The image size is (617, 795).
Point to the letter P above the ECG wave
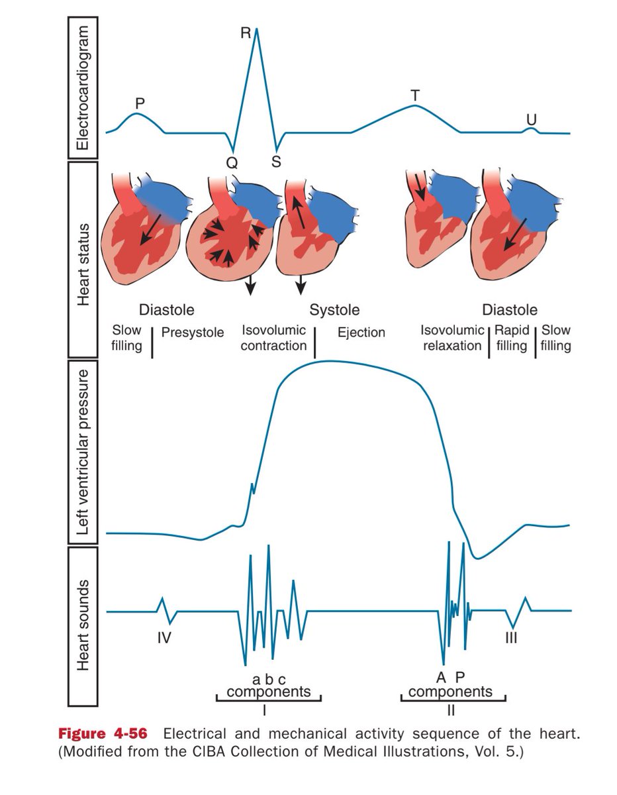coord(140,103)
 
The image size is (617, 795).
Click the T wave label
coord(415,95)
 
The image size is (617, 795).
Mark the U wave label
coord(532,119)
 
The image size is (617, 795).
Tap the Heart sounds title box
coord(83,626)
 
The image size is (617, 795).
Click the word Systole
coord(335,310)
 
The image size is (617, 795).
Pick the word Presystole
coord(193,332)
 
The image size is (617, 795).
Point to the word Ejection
coord(361,333)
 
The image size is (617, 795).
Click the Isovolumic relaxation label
coord(451,337)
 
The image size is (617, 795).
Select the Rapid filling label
coord(512,337)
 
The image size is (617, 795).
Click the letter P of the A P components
coord(461,677)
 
